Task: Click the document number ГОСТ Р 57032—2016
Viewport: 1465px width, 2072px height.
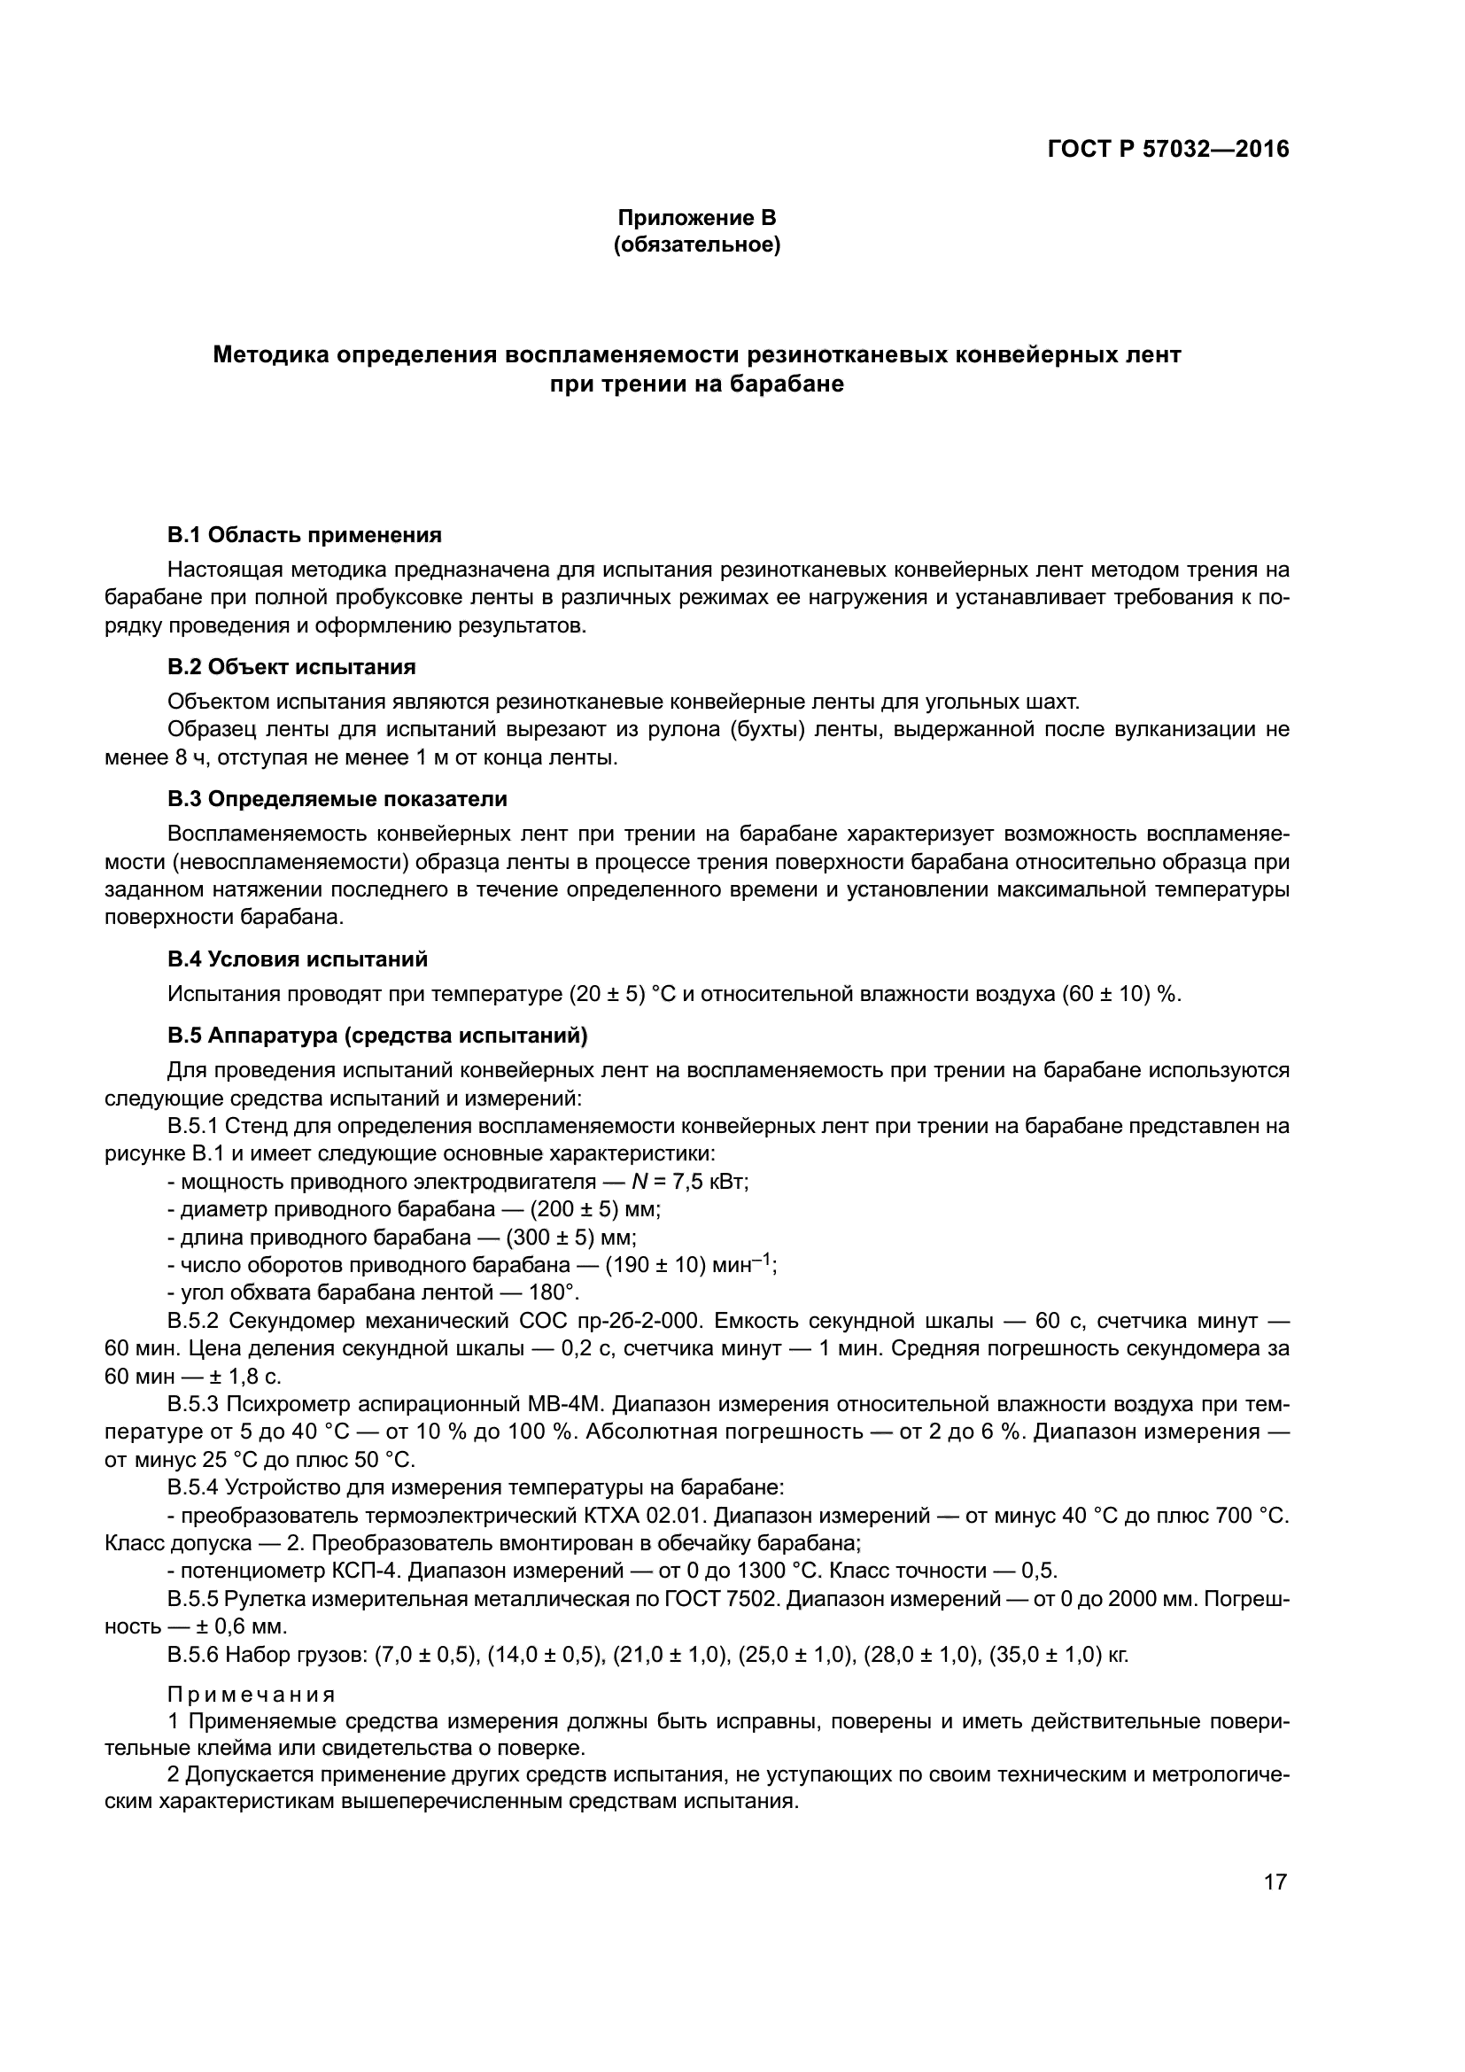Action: [1168, 149]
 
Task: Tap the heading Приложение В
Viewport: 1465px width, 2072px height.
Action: [696, 218]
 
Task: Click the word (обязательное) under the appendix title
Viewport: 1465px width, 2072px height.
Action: [696, 244]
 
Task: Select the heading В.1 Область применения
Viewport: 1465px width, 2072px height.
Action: [305, 535]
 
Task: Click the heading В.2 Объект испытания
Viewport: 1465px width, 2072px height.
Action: [291, 667]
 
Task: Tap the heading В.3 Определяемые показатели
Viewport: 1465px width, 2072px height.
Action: [337, 799]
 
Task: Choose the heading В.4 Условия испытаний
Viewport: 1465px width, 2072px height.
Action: [298, 958]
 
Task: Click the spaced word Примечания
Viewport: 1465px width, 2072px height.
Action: [252, 1695]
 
